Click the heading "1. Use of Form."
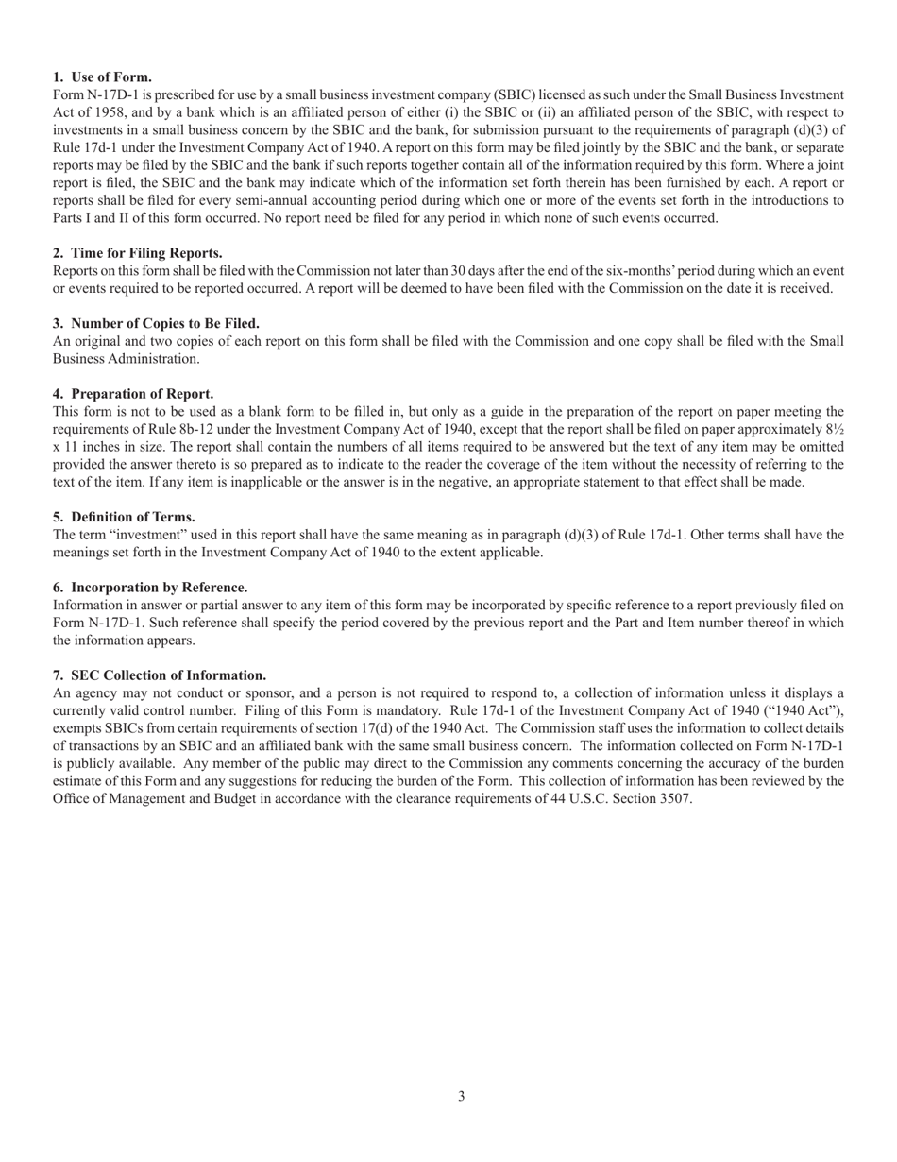pyautogui.click(x=102, y=77)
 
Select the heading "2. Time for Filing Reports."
pyautogui.click(x=138, y=253)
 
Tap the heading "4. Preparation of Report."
pyautogui.click(x=133, y=394)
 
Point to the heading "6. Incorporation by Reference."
pyautogui.click(x=150, y=588)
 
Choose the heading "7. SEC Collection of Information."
pyautogui.click(x=160, y=675)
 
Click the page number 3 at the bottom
pyautogui.click(x=461, y=1097)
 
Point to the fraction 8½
pyautogui.click(x=835, y=429)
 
